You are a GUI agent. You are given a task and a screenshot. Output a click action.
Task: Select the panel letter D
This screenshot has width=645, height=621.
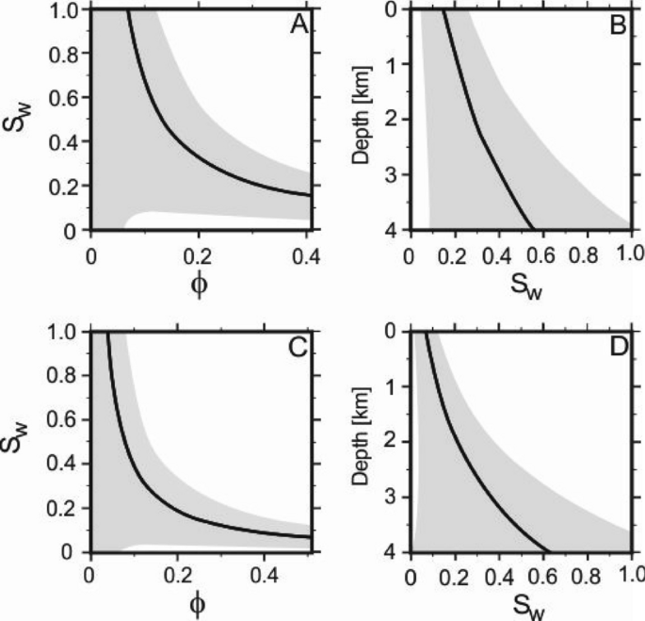(x=618, y=347)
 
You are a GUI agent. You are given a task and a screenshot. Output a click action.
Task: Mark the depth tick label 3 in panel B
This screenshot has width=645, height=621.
(x=398, y=174)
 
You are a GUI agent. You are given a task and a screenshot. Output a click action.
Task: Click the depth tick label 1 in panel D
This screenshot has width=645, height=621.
(x=398, y=387)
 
